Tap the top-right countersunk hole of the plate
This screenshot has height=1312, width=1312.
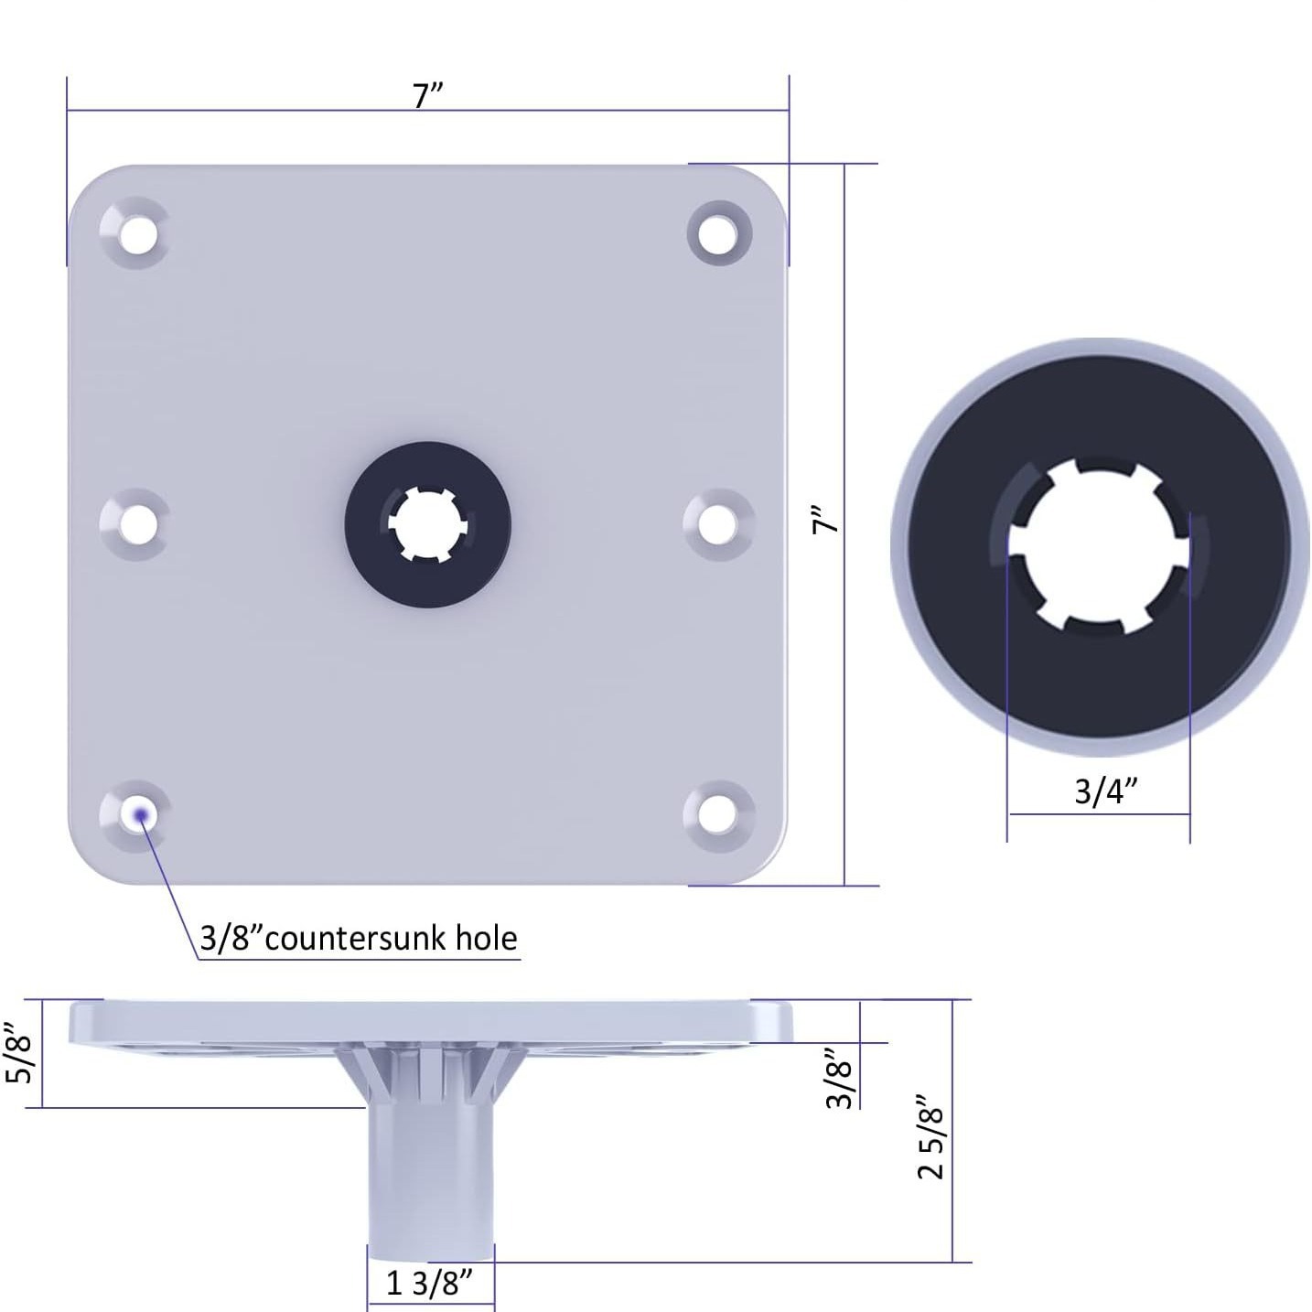pos(719,233)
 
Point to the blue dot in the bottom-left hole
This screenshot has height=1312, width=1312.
pos(141,815)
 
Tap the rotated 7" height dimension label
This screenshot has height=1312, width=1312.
pos(826,521)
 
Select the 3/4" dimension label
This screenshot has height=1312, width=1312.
pos(1106,791)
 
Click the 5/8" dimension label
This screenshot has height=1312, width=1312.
pos(19,1053)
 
